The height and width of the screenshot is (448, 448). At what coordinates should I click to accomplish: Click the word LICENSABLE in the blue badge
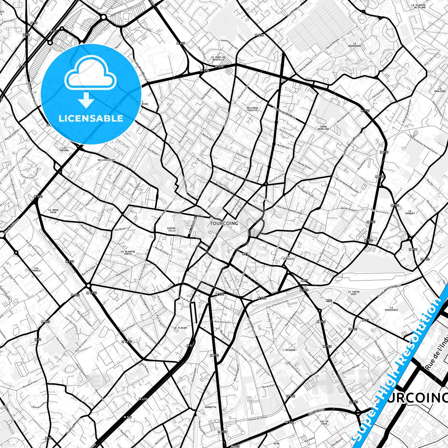pyautogui.click(x=91, y=118)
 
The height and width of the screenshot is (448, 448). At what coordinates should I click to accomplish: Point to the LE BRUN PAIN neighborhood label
pyautogui.click(x=53, y=211)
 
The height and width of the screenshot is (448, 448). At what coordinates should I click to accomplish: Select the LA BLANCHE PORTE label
pyautogui.click(x=128, y=253)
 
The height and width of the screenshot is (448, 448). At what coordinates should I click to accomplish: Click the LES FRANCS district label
pyautogui.click(x=36, y=269)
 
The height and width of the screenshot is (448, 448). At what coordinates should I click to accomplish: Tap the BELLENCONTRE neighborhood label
pyautogui.click(x=106, y=160)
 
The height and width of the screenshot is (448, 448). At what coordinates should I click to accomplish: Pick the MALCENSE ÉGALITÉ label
pyautogui.click(x=252, y=109)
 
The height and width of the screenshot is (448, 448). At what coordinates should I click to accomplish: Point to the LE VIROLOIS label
pyautogui.click(x=288, y=257)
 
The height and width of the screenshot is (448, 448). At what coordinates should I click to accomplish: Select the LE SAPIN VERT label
pyautogui.click(x=354, y=293)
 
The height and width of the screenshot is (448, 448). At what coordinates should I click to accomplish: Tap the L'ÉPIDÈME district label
pyautogui.click(x=289, y=350)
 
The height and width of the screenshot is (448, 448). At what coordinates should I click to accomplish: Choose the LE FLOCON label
pyautogui.click(x=180, y=328)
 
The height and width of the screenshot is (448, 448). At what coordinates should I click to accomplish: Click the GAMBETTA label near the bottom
pyautogui.click(x=211, y=407)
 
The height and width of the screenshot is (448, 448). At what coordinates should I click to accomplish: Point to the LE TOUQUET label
pyautogui.click(x=410, y=212)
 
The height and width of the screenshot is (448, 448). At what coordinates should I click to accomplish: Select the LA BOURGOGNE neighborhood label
pyautogui.click(x=357, y=45)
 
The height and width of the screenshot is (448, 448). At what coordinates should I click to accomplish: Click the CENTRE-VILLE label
pyautogui.click(x=171, y=229)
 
